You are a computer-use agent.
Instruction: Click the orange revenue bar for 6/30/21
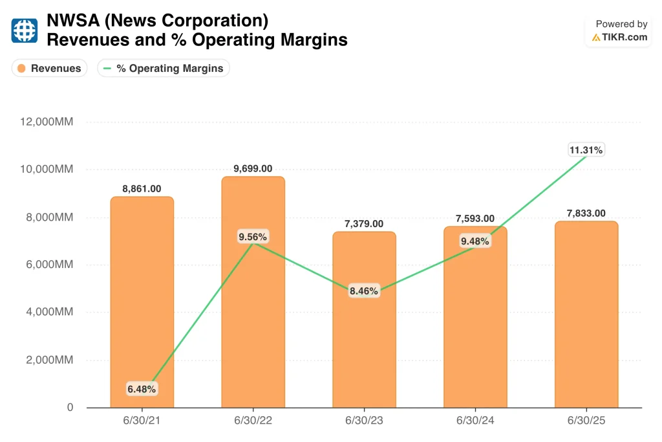click(142, 302)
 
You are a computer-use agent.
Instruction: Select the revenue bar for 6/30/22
click(253, 292)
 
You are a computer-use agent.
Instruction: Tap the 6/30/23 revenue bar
click(364, 320)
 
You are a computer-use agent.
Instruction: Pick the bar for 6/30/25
click(586, 315)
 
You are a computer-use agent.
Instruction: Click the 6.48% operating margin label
click(142, 389)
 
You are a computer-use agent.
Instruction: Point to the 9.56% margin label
click(253, 237)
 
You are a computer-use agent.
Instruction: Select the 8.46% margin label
click(364, 291)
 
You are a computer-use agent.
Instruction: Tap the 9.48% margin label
click(475, 241)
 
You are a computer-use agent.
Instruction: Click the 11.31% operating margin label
click(586, 149)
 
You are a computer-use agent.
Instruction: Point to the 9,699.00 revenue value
click(253, 169)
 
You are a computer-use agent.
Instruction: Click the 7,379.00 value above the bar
click(364, 223)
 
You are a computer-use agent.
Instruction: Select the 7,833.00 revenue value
click(586, 213)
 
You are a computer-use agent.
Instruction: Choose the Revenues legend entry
click(49, 68)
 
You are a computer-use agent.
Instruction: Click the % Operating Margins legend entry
click(164, 68)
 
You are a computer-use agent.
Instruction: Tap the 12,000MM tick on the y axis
click(47, 122)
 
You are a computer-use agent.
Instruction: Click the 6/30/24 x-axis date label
click(475, 421)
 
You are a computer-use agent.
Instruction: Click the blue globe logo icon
click(24, 30)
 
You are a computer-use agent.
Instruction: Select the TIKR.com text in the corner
click(625, 37)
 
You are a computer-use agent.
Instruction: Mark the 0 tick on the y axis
click(70, 407)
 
